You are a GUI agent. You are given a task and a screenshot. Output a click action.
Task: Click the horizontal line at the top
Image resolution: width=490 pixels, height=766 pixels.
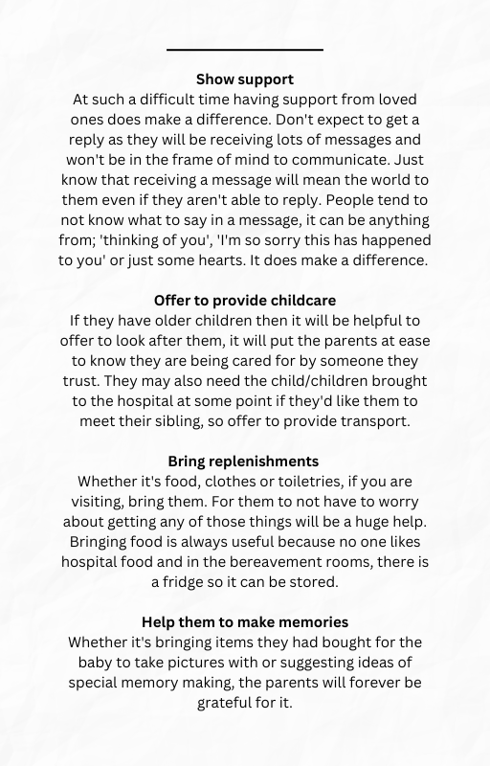[245, 49]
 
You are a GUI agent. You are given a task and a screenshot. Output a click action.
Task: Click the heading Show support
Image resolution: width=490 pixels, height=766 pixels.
[245, 79]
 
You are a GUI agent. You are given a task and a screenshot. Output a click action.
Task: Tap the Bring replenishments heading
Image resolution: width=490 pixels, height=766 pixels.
[245, 461]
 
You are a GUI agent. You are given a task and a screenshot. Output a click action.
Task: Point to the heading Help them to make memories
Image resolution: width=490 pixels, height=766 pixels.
[245, 621]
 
